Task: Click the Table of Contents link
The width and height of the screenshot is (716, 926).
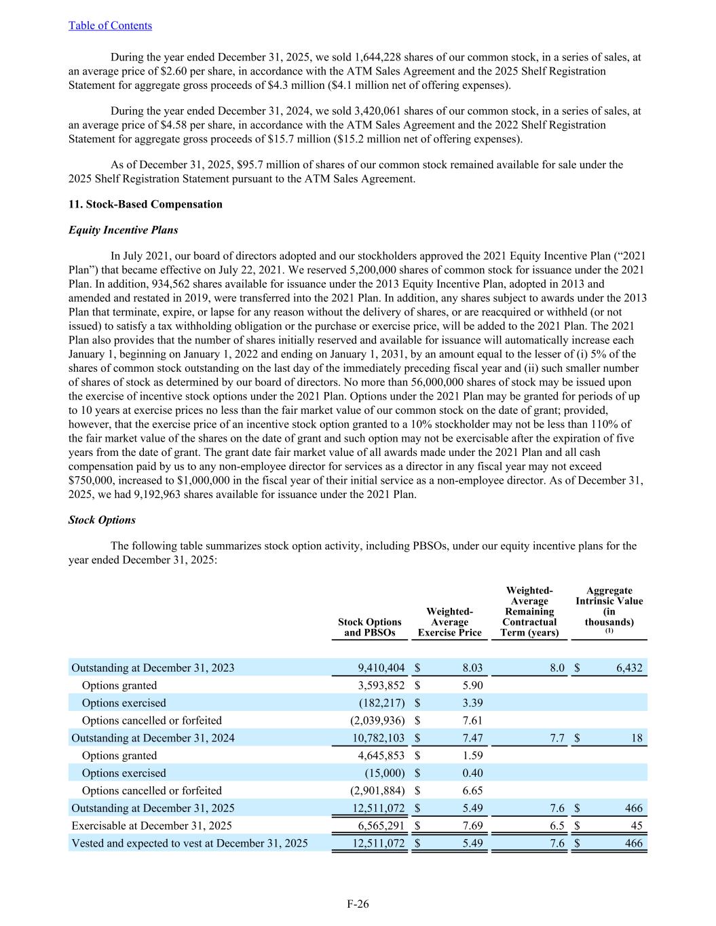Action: pos(110,26)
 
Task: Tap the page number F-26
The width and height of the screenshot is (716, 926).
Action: pos(358,904)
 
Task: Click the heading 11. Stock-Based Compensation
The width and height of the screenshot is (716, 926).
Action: pos(145,204)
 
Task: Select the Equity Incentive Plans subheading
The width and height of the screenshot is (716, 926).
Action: pos(123,230)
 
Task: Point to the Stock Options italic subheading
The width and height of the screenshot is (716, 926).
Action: pos(102,520)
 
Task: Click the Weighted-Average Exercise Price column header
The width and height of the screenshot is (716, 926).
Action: pos(449,622)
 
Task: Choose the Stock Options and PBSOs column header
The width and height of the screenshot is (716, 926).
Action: pos(369,627)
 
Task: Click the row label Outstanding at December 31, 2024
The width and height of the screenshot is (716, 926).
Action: pos(153,738)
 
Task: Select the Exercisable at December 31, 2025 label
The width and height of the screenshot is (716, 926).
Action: pos(151,826)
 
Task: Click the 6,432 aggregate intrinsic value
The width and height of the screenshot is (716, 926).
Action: pos(629,668)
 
